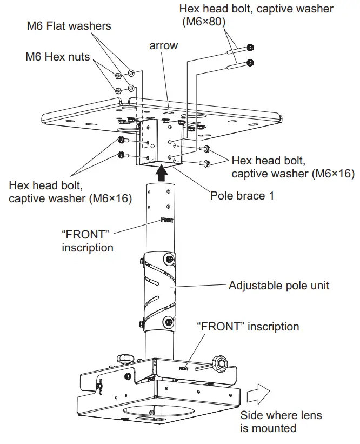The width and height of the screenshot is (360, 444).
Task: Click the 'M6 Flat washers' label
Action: pos(69,25)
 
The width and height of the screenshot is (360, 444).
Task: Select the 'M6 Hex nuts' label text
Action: pos(58,57)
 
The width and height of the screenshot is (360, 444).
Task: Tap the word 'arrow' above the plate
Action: pos(163,45)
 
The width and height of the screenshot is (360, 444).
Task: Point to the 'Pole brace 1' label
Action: pos(242,195)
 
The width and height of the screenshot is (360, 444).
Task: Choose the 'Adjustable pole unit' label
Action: pos(279,285)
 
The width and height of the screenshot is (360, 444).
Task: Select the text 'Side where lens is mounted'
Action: pos(281,422)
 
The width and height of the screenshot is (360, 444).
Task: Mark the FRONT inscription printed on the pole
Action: pos(168,221)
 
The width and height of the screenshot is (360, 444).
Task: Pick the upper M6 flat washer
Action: pos(130,72)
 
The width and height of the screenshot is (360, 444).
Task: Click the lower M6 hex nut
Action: pos(117,90)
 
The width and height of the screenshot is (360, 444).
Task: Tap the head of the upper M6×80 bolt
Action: pos(250,48)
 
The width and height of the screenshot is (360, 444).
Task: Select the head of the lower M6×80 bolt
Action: pos(250,63)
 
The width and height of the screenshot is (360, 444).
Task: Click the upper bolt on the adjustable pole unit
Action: pos(170,261)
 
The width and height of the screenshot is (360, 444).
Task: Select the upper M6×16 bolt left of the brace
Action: pos(122,141)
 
